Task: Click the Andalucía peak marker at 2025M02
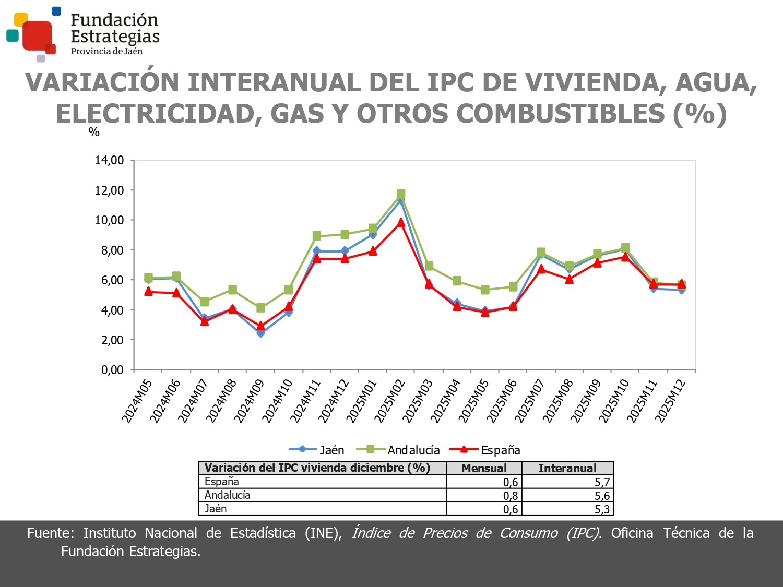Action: [401, 194]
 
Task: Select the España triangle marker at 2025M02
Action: [401, 223]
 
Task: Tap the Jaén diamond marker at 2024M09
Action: [260, 333]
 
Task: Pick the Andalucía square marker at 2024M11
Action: [317, 236]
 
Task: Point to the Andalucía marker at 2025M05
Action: [485, 290]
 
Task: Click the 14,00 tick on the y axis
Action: [109, 161]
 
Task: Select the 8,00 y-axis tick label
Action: [109, 250]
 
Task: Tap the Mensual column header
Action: [484, 468]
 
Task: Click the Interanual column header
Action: [567, 468]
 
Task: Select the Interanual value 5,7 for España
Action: [602, 482]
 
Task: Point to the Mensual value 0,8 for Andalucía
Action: [511, 496]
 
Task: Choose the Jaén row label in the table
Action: [216, 509]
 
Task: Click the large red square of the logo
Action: [37, 35]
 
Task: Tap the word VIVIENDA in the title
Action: [595, 82]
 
